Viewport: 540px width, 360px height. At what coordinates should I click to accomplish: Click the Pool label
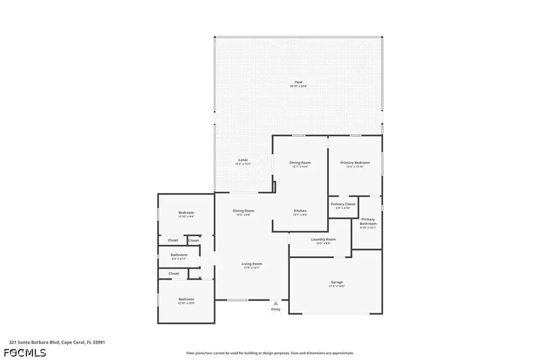click(x=298, y=82)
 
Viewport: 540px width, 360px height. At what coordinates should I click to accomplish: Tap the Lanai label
click(x=243, y=160)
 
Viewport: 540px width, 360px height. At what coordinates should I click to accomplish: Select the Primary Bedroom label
click(x=355, y=163)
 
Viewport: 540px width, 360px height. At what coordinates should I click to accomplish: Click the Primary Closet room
click(x=343, y=205)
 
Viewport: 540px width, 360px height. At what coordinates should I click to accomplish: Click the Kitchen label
click(x=300, y=211)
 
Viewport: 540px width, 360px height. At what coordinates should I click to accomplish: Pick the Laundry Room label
click(x=323, y=239)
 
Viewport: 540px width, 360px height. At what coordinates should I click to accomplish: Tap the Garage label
click(x=337, y=282)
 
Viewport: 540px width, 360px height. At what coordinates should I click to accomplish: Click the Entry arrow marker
click(x=275, y=303)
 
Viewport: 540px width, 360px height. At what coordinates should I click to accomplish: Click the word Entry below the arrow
click(x=275, y=310)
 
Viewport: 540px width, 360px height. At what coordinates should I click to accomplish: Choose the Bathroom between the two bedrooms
click(x=179, y=256)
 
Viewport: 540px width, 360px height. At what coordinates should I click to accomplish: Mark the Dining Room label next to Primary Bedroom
click(x=300, y=163)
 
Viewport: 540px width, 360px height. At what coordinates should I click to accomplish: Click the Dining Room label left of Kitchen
click(x=244, y=211)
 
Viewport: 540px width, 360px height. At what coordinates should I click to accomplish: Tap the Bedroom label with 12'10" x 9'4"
click(x=186, y=213)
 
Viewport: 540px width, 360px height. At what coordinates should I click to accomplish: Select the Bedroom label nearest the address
click(x=186, y=299)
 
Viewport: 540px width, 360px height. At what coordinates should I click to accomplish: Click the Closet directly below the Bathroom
click(x=173, y=274)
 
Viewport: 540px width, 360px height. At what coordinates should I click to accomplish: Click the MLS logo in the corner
click(x=25, y=352)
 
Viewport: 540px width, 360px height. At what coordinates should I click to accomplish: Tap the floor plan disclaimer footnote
click(x=270, y=353)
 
